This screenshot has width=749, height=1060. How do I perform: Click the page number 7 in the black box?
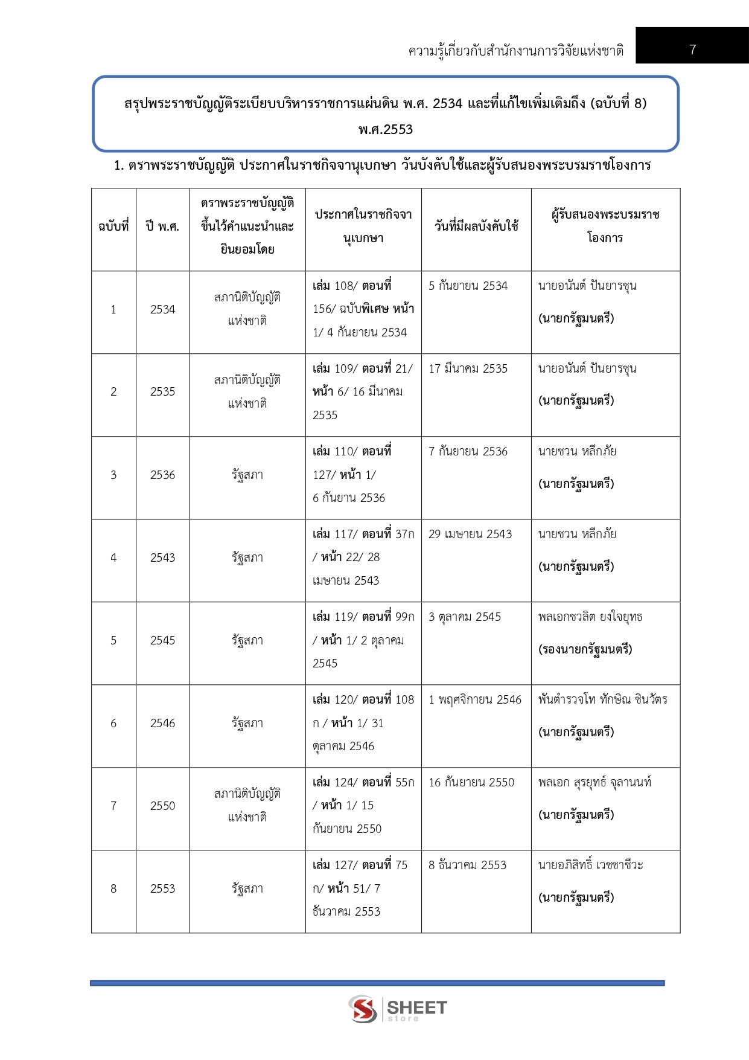[x=692, y=50]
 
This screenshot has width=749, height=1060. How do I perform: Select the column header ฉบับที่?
[x=113, y=226]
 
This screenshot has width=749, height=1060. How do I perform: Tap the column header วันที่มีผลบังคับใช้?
[x=476, y=226]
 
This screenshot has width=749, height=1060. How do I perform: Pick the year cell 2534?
[x=162, y=309]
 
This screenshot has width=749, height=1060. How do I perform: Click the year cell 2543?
[x=162, y=557]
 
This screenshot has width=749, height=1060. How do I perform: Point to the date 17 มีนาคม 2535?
[x=468, y=368]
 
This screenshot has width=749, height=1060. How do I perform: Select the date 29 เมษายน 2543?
[x=470, y=534]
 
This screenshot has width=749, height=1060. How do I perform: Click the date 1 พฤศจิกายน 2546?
[x=474, y=699]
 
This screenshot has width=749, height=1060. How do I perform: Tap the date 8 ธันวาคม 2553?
[x=467, y=865]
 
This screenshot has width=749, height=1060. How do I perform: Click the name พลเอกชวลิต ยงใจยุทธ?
[x=590, y=617]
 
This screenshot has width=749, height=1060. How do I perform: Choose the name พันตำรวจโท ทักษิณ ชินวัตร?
[x=602, y=699]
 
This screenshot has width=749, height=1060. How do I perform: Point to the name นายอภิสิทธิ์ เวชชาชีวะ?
[x=590, y=865]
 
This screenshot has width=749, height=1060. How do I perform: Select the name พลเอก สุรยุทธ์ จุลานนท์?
[x=594, y=782]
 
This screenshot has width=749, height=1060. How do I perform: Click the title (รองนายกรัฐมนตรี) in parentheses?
[x=585, y=649]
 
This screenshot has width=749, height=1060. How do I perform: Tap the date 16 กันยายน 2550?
[x=471, y=782]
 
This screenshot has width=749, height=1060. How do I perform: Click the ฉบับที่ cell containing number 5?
[x=113, y=640]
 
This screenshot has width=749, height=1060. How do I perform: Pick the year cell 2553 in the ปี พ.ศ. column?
[x=162, y=888]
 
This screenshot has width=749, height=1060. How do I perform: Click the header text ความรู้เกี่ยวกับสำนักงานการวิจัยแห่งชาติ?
[x=515, y=51]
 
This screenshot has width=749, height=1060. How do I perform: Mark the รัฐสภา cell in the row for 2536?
[x=247, y=475]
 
